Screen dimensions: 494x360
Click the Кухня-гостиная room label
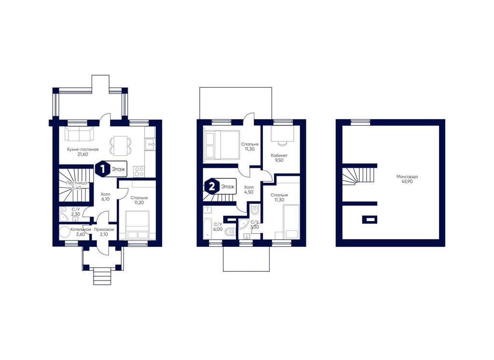(x=82, y=149)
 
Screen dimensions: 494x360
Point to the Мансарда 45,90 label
(x=407, y=179)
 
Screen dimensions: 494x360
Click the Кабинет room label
(x=279, y=156)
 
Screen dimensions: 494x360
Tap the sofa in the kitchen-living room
(x=79, y=134)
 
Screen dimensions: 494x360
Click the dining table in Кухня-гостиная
(x=120, y=146)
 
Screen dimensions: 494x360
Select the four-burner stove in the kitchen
(x=139, y=172)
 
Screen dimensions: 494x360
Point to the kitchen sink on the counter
(x=150, y=145)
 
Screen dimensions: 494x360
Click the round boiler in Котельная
(x=65, y=233)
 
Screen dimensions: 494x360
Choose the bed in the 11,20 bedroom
(x=137, y=225)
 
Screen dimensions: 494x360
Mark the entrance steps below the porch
(x=102, y=277)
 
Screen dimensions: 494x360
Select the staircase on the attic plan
(x=359, y=176)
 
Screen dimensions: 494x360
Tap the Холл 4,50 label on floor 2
(x=249, y=189)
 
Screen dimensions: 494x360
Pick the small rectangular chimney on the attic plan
(x=369, y=219)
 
